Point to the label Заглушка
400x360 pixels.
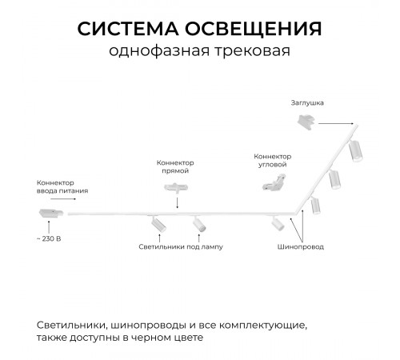307,104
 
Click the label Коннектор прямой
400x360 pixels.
175,166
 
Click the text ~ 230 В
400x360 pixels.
49,238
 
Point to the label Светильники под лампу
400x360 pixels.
181,246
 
